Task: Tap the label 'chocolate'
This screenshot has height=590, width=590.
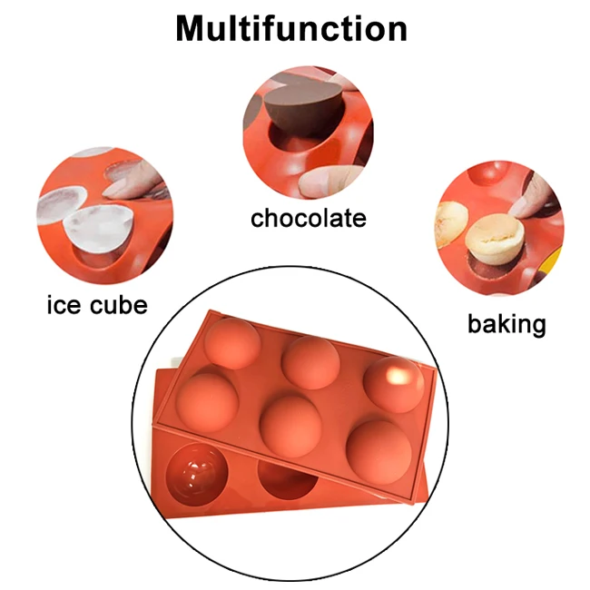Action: [x=309, y=218]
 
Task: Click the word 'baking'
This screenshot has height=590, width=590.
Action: [x=506, y=324]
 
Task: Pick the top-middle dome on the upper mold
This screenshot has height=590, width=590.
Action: [x=310, y=361]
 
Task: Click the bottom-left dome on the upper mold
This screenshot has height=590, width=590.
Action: [x=211, y=403]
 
